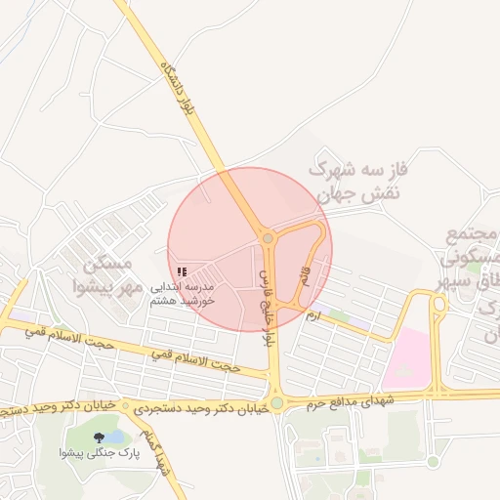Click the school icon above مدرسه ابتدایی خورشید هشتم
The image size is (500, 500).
click(x=182, y=271)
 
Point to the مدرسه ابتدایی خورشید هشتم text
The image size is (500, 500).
click(x=184, y=294)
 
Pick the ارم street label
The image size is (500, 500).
click(x=313, y=316)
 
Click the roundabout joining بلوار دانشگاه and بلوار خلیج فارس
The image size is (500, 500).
click(x=268, y=237)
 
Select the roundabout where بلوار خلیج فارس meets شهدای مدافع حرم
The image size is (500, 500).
click(x=276, y=402)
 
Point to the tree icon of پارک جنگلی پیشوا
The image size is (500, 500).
click(x=100, y=437)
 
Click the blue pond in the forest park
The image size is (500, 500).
click(x=116, y=436)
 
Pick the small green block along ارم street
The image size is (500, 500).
click(x=338, y=315)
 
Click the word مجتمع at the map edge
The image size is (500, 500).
click(x=472, y=235)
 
